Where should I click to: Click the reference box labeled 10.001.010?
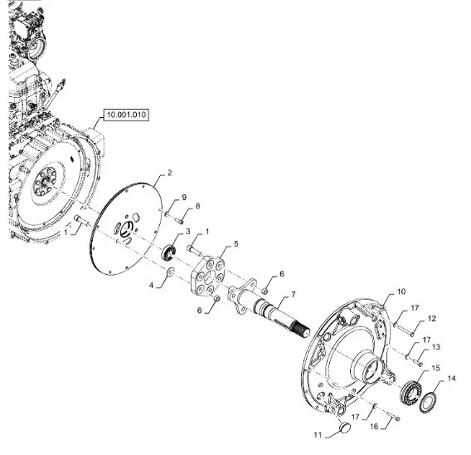pos(126,115)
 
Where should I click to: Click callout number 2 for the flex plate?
pos(170,173)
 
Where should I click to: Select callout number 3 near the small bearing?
pos(188,232)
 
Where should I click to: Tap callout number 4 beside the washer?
pos(152,285)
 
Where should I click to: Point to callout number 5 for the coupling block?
pos(236,243)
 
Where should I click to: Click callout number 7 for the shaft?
pos(294,295)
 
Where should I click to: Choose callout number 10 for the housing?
pos(401,291)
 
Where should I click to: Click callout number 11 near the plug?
pos(318,435)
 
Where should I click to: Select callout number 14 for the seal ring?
pos(451,379)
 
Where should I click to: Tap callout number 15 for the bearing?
pos(435,368)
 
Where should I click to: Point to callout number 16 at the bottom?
pos(374,427)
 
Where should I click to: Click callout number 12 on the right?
pos(432,319)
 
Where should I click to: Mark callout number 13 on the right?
pos(436,347)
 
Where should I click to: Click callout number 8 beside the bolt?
pos(197,206)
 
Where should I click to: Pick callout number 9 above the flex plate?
pos(184,198)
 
